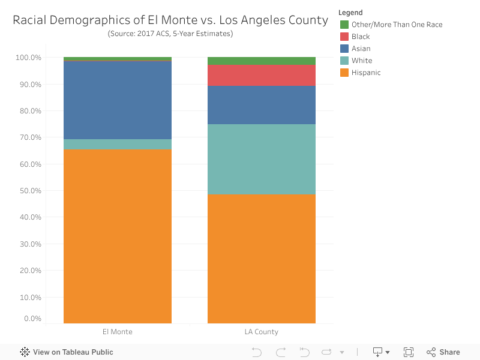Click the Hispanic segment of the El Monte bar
click(x=118, y=236)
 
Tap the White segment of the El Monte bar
click(x=118, y=144)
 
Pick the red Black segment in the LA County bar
click(x=262, y=75)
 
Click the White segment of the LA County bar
click(x=262, y=159)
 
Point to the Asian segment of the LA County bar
click(x=262, y=105)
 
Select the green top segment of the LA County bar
click(x=262, y=61)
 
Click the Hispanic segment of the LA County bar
click(x=262, y=259)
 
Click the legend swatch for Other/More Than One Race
click(x=344, y=25)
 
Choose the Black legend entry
click(x=361, y=37)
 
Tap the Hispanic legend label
click(x=366, y=73)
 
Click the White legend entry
click(x=362, y=61)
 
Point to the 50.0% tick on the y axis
click(x=29, y=191)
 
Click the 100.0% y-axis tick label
click(x=28, y=58)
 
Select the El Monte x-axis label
click(x=118, y=332)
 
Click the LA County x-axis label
click(x=262, y=332)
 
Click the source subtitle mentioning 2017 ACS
click(x=170, y=34)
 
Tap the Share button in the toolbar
click(x=443, y=352)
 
